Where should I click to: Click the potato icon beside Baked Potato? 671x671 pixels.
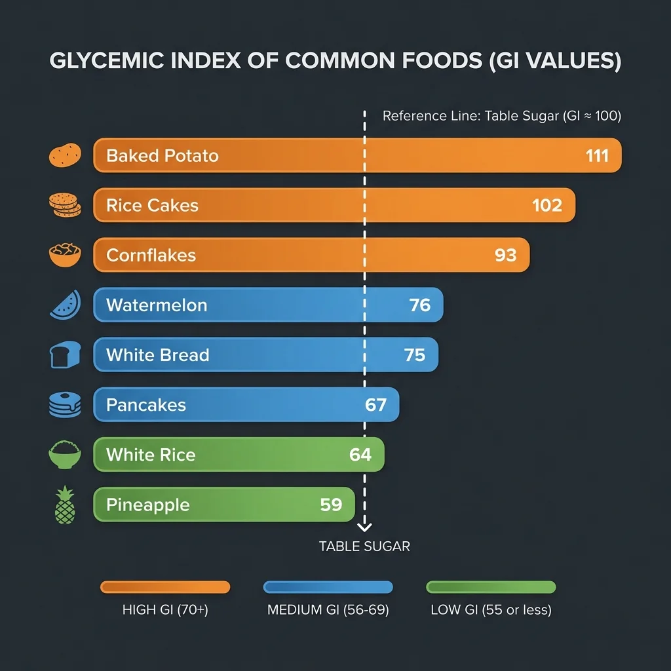[x=65, y=155]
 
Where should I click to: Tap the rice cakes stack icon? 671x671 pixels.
[x=65, y=205]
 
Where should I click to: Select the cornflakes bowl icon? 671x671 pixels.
[x=65, y=255]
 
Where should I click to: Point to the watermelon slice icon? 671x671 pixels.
[x=65, y=305]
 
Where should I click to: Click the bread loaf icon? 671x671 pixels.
[x=65, y=355]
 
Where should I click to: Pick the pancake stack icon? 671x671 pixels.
[x=65, y=405]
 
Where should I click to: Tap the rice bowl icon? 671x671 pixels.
[x=65, y=455]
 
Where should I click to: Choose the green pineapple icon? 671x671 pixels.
[x=65, y=505]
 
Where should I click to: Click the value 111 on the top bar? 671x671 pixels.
[x=598, y=156]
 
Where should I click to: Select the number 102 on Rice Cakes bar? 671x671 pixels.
[x=547, y=206]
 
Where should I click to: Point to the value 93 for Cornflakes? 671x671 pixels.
[x=505, y=256]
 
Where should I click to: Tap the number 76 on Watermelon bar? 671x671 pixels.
[x=419, y=305]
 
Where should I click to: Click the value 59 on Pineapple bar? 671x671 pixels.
[x=331, y=505]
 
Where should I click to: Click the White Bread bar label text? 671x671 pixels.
[x=157, y=355]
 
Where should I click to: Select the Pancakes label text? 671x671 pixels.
[x=145, y=405]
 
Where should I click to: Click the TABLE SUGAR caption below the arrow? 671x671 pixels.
[x=364, y=546]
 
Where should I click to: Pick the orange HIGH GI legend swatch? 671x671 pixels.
[x=165, y=587]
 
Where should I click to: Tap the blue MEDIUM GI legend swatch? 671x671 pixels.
[x=328, y=587]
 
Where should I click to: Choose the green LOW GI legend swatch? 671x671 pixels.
[x=491, y=587]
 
